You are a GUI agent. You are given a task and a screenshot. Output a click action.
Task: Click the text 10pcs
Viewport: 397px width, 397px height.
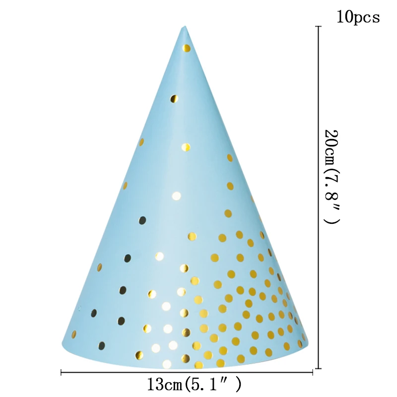tap(358, 17)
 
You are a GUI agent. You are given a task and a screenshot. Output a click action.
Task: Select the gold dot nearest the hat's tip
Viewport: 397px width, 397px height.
tap(186, 48)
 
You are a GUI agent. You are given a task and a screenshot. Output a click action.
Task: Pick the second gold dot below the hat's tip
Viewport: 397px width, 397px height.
tap(173, 99)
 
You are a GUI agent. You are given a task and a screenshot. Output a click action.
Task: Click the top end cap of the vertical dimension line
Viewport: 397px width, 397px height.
tap(318, 27)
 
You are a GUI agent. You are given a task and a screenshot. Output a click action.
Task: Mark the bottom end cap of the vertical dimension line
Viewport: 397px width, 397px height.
tap(318, 368)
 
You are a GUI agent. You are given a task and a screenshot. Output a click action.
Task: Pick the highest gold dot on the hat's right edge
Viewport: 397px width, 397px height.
tap(230, 158)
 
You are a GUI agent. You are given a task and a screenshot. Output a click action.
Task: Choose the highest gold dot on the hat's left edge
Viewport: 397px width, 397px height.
tap(141, 142)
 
